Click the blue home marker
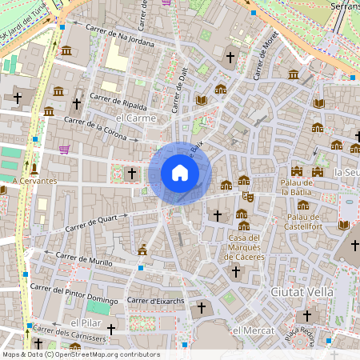click(179, 173)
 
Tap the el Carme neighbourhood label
click(134, 118)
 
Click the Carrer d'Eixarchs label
click(157, 301)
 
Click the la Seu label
click(347, 172)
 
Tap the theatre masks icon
click(249, 195)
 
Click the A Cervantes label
click(34, 181)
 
